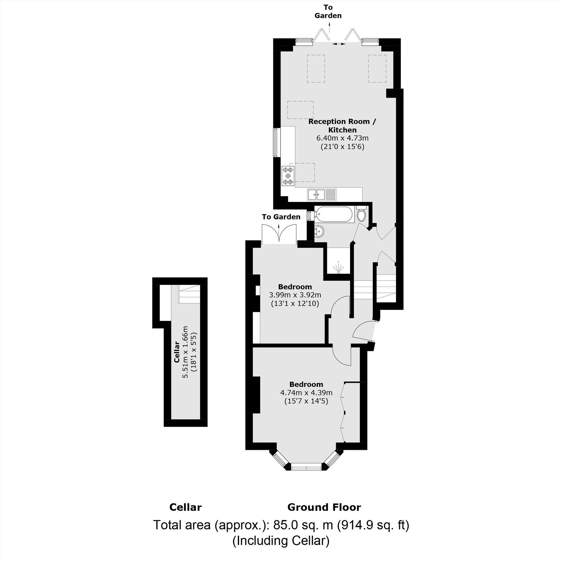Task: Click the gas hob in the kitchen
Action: point(288,176)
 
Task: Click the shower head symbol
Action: point(338,268)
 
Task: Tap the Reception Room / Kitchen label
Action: point(342,125)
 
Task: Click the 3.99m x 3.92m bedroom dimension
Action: point(295,295)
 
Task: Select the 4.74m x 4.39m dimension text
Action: point(306,393)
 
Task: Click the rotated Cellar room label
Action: point(176,352)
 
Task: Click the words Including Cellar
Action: point(281,541)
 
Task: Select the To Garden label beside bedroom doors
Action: point(281,217)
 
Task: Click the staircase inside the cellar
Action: point(189,294)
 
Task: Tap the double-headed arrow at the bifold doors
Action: point(339,44)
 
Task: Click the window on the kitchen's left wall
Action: point(275,142)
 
